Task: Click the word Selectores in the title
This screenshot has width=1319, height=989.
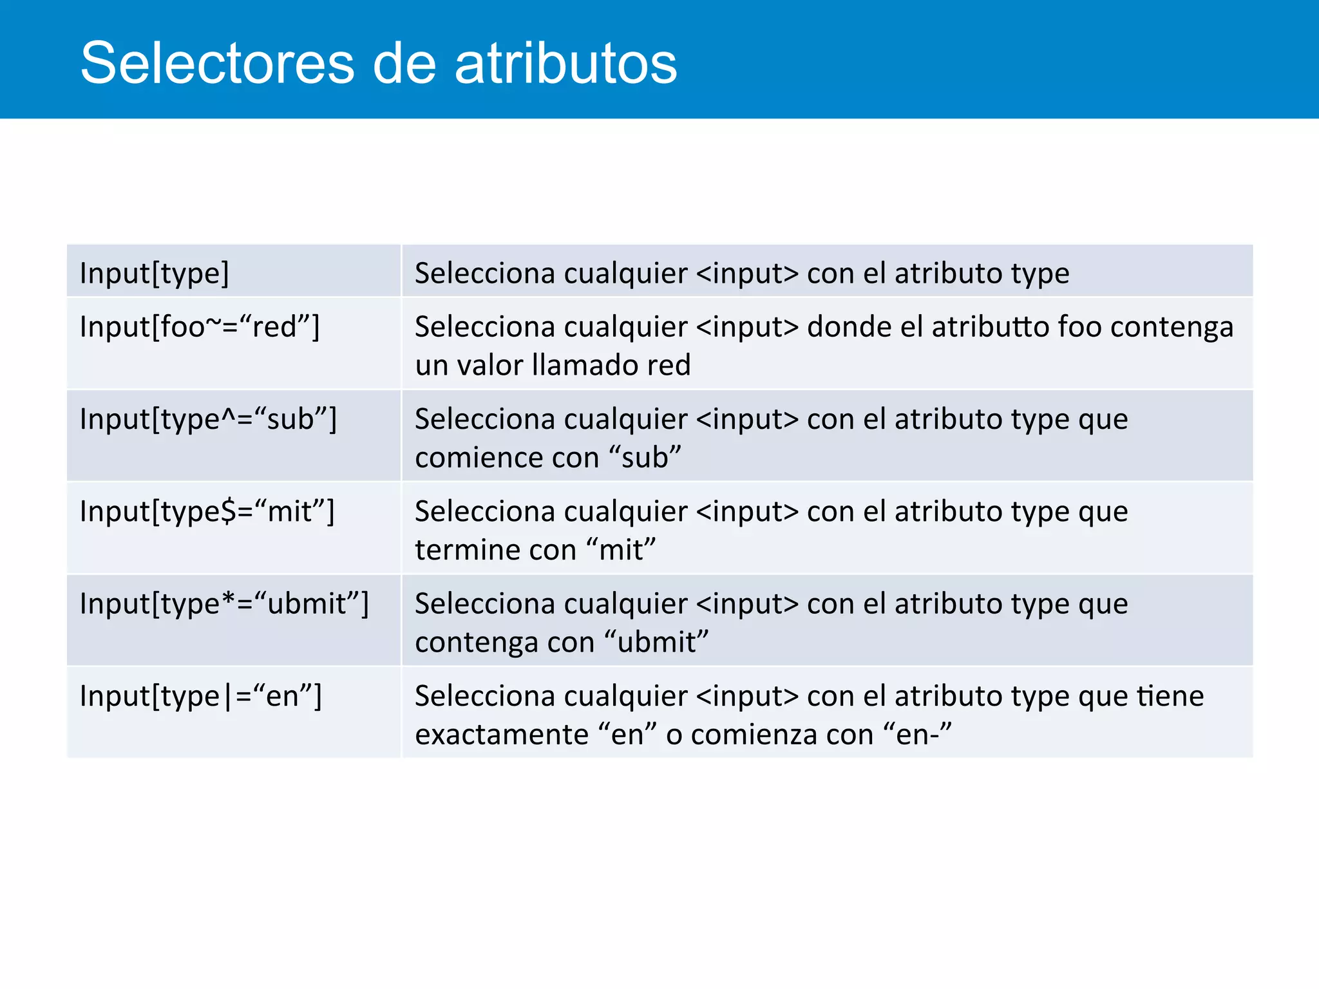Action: pyautogui.click(x=218, y=63)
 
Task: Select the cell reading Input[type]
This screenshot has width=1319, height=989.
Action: pyautogui.click(x=155, y=274)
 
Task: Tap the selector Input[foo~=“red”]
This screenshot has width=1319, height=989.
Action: pyautogui.click(x=200, y=327)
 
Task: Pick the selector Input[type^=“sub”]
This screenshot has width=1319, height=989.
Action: pyautogui.click(x=208, y=420)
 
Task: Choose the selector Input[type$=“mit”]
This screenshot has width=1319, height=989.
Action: pyautogui.click(x=207, y=512)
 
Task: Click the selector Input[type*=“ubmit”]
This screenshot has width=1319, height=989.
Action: pyautogui.click(x=224, y=604)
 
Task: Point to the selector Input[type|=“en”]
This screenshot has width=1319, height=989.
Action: pyautogui.click(x=200, y=697)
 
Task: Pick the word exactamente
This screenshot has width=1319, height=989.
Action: pyautogui.click(x=502, y=735)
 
